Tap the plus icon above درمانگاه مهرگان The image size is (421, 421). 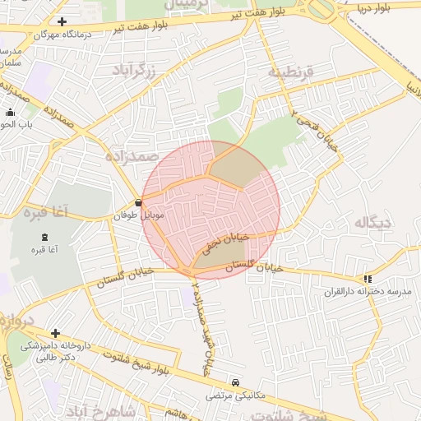[x=62, y=21]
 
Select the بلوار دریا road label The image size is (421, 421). [x=388, y=7]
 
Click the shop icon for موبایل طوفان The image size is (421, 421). [x=137, y=202]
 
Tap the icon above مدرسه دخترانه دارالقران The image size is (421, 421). [x=368, y=279]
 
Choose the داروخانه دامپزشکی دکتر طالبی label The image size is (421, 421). [x=56, y=352]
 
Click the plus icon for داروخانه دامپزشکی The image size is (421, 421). [x=55, y=333]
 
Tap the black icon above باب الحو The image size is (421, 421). [x=10, y=113]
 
